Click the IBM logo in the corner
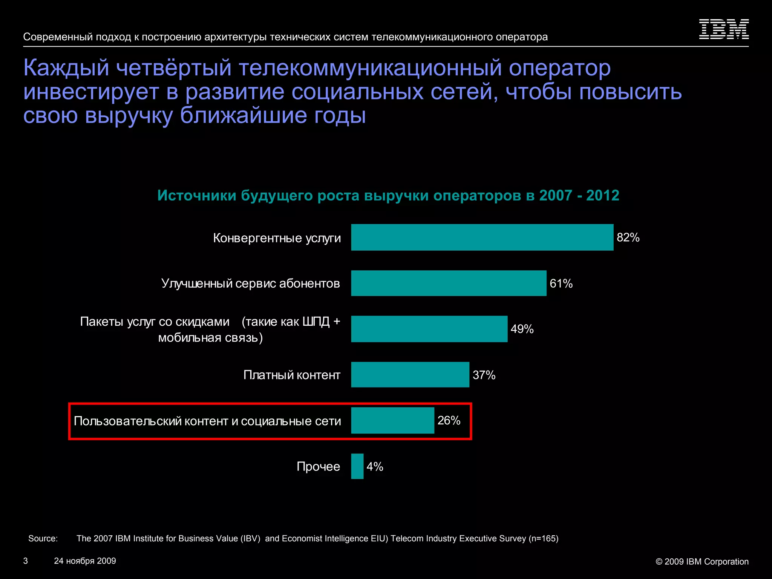pos(724,29)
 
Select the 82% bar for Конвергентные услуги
pos(482,237)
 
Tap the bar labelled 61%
pos(449,283)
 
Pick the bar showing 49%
pos(429,329)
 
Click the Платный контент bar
pos(410,375)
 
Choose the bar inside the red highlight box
pos(392,420)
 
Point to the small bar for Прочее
pos(357,466)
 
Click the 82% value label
pos(628,237)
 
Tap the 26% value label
pos(449,420)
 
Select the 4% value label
pos(375,467)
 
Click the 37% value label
pos(484,375)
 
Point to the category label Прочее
pos(318,467)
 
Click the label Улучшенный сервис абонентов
pos(251,283)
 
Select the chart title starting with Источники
pos(388,195)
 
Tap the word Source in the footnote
pos(43,539)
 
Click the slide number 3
pos(26,561)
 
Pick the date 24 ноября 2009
pos(85,561)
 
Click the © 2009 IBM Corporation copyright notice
pos(702,562)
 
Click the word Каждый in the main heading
pos(66,68)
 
